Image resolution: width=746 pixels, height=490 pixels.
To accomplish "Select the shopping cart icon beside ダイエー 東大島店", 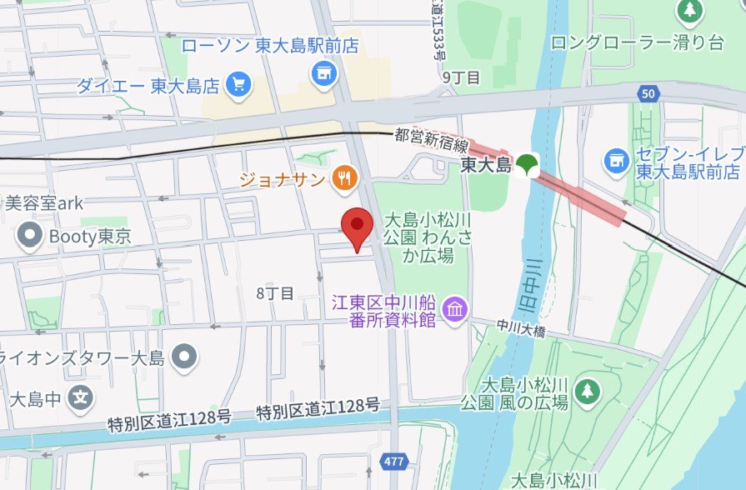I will [x=239, y=85].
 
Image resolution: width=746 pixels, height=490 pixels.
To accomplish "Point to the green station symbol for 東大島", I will [x=526, y=164].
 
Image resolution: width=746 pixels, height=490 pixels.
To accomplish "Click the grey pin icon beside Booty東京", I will [x=32, y=236].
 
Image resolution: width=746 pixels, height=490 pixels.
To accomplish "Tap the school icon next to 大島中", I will [x=80, y=397].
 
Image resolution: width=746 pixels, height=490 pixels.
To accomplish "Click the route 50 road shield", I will [x=648, y=93].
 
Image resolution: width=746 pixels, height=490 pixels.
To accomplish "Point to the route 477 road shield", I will [x=394, y=461].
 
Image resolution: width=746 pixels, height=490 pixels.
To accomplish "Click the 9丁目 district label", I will [x=461, y=77].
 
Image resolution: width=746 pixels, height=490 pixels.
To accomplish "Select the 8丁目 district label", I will [x=275, y=292].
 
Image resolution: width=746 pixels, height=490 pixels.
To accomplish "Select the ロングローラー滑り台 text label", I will [x=637, y=43].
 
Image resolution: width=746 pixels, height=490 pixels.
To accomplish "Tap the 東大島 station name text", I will [x=486, y=167].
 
